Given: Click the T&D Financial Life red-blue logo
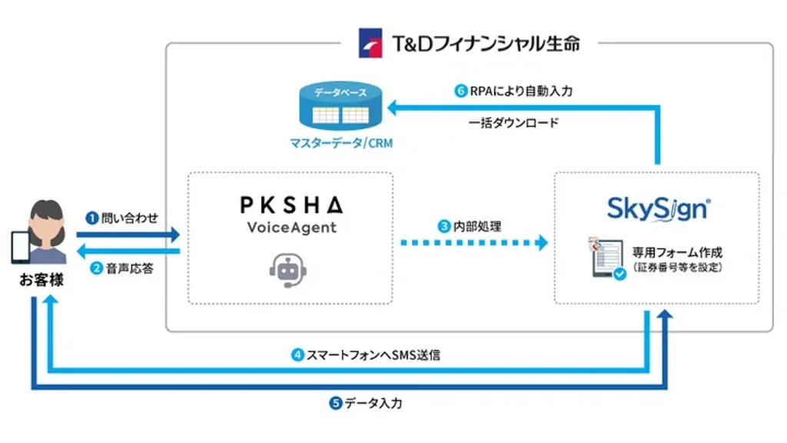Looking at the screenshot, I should tap(370, 43).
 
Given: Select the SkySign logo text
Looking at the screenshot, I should tap(657, 208).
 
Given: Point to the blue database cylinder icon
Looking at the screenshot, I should tap(341, 108).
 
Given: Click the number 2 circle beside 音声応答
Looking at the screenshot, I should tap(96, 268).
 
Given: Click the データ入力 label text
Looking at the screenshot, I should tap(373, 403).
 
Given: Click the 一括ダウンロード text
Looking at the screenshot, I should tap(513, 122).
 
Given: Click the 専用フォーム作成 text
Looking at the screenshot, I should tap(677, 251).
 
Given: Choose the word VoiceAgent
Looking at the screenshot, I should tap(291, 228).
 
